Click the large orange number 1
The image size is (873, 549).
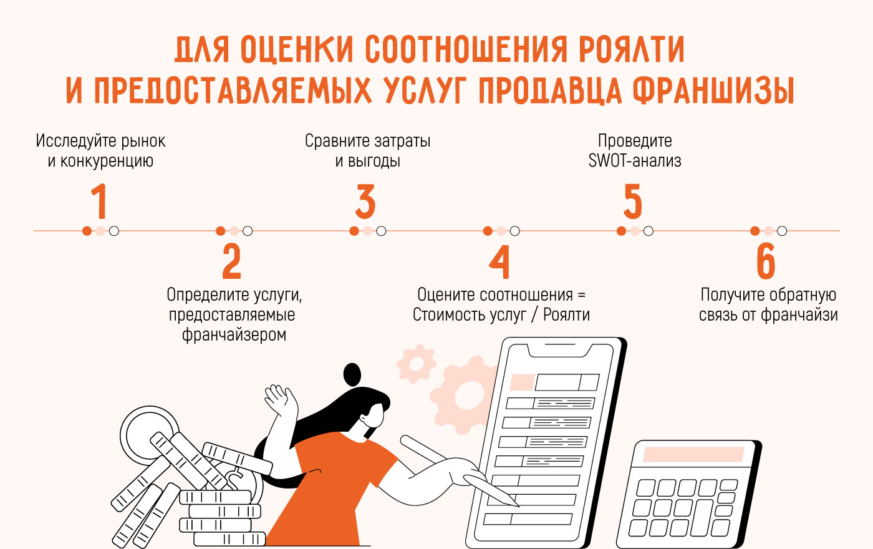click(x=99, y=201)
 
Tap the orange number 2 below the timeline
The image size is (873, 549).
click(x=231, y=261)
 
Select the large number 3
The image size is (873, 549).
click(x=365, y=201)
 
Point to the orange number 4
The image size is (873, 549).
click(x=499, y=261)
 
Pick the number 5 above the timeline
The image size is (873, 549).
click(x=632, y=201)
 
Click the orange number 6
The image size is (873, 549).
click(x=766, y=261)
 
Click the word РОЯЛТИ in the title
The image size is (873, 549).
click(x=631, y=49)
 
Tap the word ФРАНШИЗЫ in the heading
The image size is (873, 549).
click(x=713, y=90)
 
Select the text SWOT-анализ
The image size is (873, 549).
click(x=635, y=161)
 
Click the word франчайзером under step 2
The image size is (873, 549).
click(x=234, y=334)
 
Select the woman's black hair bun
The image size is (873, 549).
click(x=352, y=374)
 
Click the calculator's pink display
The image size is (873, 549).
click(x=693, y=454)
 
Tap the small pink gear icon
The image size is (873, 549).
click(x=416, y=363)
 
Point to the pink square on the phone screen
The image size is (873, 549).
click(x=522, y=382)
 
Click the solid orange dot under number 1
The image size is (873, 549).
click(x=87, y=231)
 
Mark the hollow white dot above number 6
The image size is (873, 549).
click(x=782, y=231)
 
